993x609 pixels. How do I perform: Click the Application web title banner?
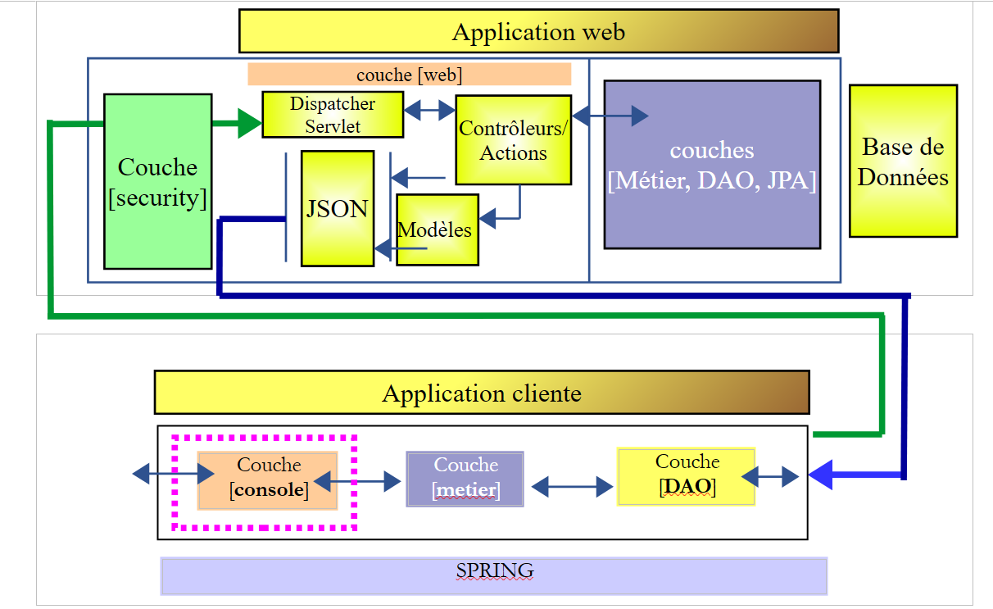pyautogui.click(x=538, y=32)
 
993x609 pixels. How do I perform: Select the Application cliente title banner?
pyautogui.click(x=482, y=393)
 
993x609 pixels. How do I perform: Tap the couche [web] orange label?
pyautogui.click(x=409, y=75)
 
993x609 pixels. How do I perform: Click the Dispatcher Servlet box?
pyautogui.click(x=333, y=115)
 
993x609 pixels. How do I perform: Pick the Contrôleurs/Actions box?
pyautogui.click(x=513, y=139)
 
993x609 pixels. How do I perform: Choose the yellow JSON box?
pyautogui.click(x=338, y=208)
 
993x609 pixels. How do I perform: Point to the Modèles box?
pyautogui.click(x=437, y=230)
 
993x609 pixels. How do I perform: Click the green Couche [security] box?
pyautogui.click(x=158, y=181)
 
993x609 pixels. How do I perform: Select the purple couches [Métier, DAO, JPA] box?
pyautogui.click(x=712, y=164)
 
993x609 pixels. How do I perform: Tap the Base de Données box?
pyautogui.click(x=903, y=161)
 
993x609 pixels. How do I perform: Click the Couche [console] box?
pyautogui.click(x=268, y=479)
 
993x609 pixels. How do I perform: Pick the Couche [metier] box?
pyautogui.click(x=465, y=479)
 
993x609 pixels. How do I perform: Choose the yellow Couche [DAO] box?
pyautogui.click(x=686, y=476)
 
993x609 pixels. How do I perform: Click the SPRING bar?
pyautogui.click(x=494, y=575)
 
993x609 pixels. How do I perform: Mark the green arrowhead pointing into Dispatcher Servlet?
pyautogui.click(x=249, y=124)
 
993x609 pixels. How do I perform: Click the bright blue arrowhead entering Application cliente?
pyautogui.click(x=821, y=475)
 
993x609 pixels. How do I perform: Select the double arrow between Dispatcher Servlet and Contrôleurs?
pyautogui.click(x=429, y=109)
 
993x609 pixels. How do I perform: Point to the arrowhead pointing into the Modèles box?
pyautogui.click(x=487, y=219)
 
